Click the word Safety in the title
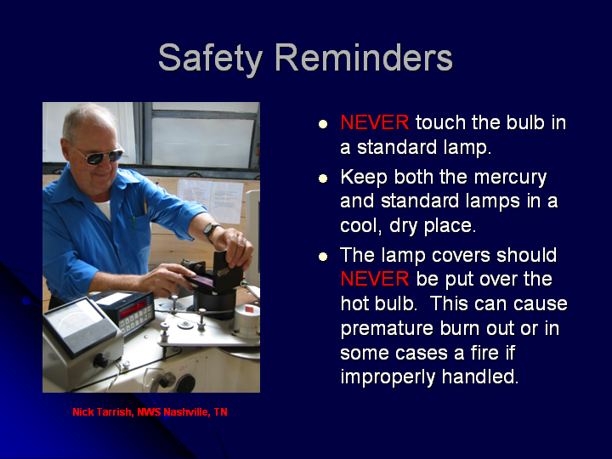click(210, 59)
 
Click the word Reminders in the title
click(364, 57)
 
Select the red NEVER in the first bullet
click(374, 122)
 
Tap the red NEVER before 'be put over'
click(374, 279)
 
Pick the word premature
click(387, 329)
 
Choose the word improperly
click(388, 377)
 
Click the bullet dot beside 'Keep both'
click(323, 178)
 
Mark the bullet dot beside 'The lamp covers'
click(323, 257)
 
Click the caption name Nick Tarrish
click(101, 412)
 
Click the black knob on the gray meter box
click(101, 360)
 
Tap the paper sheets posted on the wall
click(211, 200)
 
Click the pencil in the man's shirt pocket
click(145, 206)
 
